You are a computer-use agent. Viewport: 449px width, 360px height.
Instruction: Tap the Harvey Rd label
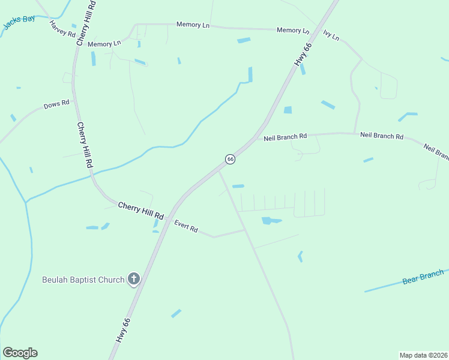click(x=62, y=29)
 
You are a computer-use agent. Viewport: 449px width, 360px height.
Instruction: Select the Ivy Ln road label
click(x=331, y=35)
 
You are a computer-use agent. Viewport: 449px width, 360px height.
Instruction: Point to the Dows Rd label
click(x=56, y=105)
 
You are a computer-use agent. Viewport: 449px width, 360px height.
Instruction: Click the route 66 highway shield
click(x=230, y=158)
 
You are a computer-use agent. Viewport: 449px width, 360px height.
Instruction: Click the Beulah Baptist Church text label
click(x=83, y=280)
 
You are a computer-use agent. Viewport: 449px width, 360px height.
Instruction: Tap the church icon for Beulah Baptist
click(x=134, y=280)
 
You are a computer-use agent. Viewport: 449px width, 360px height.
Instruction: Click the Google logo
click(x=20, y=353)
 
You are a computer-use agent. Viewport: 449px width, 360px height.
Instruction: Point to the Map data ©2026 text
click(x=423, y=355)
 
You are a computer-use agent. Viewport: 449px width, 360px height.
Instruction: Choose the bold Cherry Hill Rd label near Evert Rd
click(x=141, y=210)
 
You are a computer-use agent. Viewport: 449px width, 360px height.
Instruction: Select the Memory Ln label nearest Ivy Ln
click(x=293, y=30)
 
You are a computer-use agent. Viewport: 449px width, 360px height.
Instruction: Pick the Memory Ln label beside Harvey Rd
click(x=104, y=44)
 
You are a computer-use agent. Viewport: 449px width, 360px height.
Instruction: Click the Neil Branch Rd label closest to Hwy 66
click(x=285, y=137)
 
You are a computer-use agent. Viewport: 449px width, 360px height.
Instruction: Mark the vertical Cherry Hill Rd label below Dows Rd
click(x=85, y=145)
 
